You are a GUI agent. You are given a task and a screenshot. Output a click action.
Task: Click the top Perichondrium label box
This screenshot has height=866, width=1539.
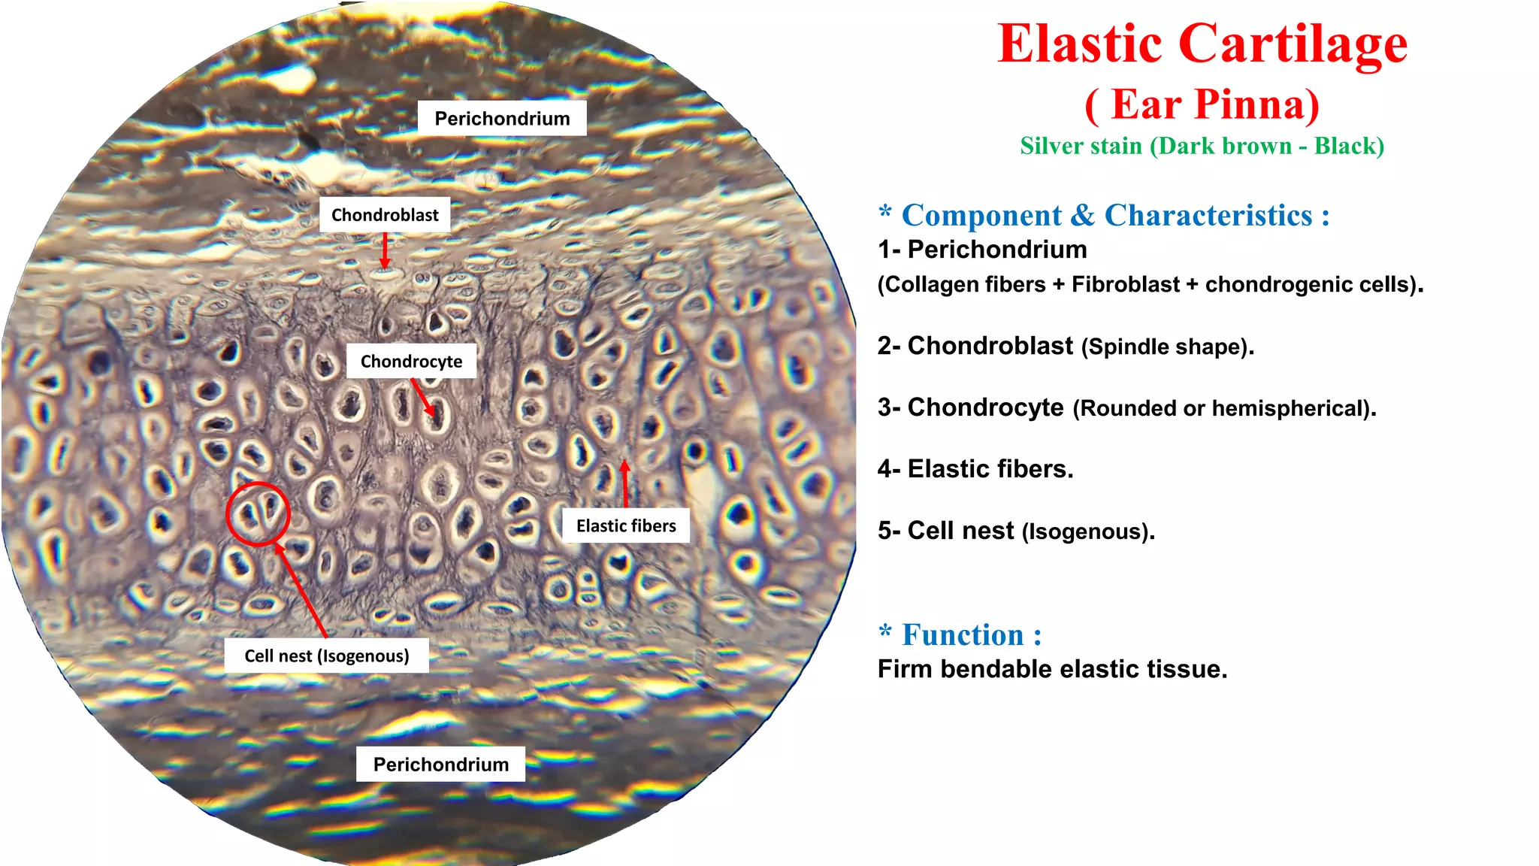[502, 119]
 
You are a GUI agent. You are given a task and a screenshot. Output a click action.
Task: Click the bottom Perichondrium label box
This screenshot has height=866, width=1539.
[440, 765]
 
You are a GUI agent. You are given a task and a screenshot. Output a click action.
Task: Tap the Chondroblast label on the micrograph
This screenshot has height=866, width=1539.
[385, 215]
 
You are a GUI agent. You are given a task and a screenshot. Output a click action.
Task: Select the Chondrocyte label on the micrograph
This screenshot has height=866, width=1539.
[411, 362]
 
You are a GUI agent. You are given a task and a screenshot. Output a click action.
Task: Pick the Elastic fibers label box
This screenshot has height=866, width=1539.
[626, 525]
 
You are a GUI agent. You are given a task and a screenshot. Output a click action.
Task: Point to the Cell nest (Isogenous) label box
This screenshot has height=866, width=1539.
[326, 656]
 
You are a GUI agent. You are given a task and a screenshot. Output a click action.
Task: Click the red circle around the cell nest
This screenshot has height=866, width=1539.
[258, 513]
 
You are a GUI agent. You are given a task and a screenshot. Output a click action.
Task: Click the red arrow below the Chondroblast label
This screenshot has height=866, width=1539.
[385, 250]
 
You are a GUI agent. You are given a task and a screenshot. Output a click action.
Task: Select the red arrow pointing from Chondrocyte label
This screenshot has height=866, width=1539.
[423, 397]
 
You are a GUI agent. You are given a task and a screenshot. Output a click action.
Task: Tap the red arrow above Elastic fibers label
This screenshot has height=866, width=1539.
[625, 484]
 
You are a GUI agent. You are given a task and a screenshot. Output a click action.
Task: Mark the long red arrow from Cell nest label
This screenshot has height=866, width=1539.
[301, 589]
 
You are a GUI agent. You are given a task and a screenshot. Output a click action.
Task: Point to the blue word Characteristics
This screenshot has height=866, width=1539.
[1208, 216]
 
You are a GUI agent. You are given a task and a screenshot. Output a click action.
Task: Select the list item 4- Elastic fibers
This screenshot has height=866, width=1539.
[975, 469]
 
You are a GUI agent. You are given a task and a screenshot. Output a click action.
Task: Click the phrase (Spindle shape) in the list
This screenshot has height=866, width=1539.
[1167, 347]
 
